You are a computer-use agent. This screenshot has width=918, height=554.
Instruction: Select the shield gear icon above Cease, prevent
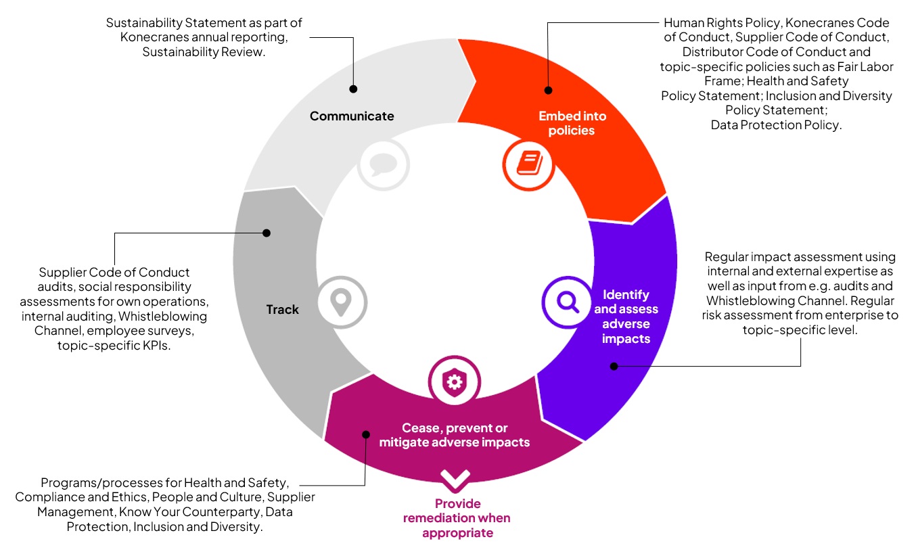click(454, 382)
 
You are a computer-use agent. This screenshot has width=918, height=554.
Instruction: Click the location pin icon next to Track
click(342, 302)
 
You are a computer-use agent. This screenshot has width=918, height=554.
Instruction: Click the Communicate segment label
click(352, 116)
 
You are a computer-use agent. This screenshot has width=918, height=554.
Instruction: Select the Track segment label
click(282, 310)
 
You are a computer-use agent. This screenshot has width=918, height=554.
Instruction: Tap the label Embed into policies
click(572, 123)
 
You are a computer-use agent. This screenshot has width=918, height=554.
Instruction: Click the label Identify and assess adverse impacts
click(626, 317)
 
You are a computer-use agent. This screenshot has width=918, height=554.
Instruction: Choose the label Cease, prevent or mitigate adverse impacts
click(454, 436)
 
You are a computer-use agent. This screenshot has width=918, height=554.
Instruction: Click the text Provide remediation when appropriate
click(457, 518)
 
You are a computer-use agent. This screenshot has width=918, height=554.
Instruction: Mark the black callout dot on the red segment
click(548, 89)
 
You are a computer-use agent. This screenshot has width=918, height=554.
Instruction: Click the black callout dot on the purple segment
click(614, 366)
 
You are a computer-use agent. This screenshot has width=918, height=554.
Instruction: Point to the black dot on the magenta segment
click(365, 434)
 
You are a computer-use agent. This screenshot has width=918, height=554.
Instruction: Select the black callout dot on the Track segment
click(266, 233)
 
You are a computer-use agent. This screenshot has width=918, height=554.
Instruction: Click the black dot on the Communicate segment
click(352, 89)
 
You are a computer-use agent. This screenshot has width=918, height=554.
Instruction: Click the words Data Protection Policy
click(775, 125)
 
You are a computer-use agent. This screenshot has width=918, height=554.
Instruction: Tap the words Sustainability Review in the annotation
click(203, 52)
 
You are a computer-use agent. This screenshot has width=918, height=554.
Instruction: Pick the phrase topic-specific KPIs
click(114, 346)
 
